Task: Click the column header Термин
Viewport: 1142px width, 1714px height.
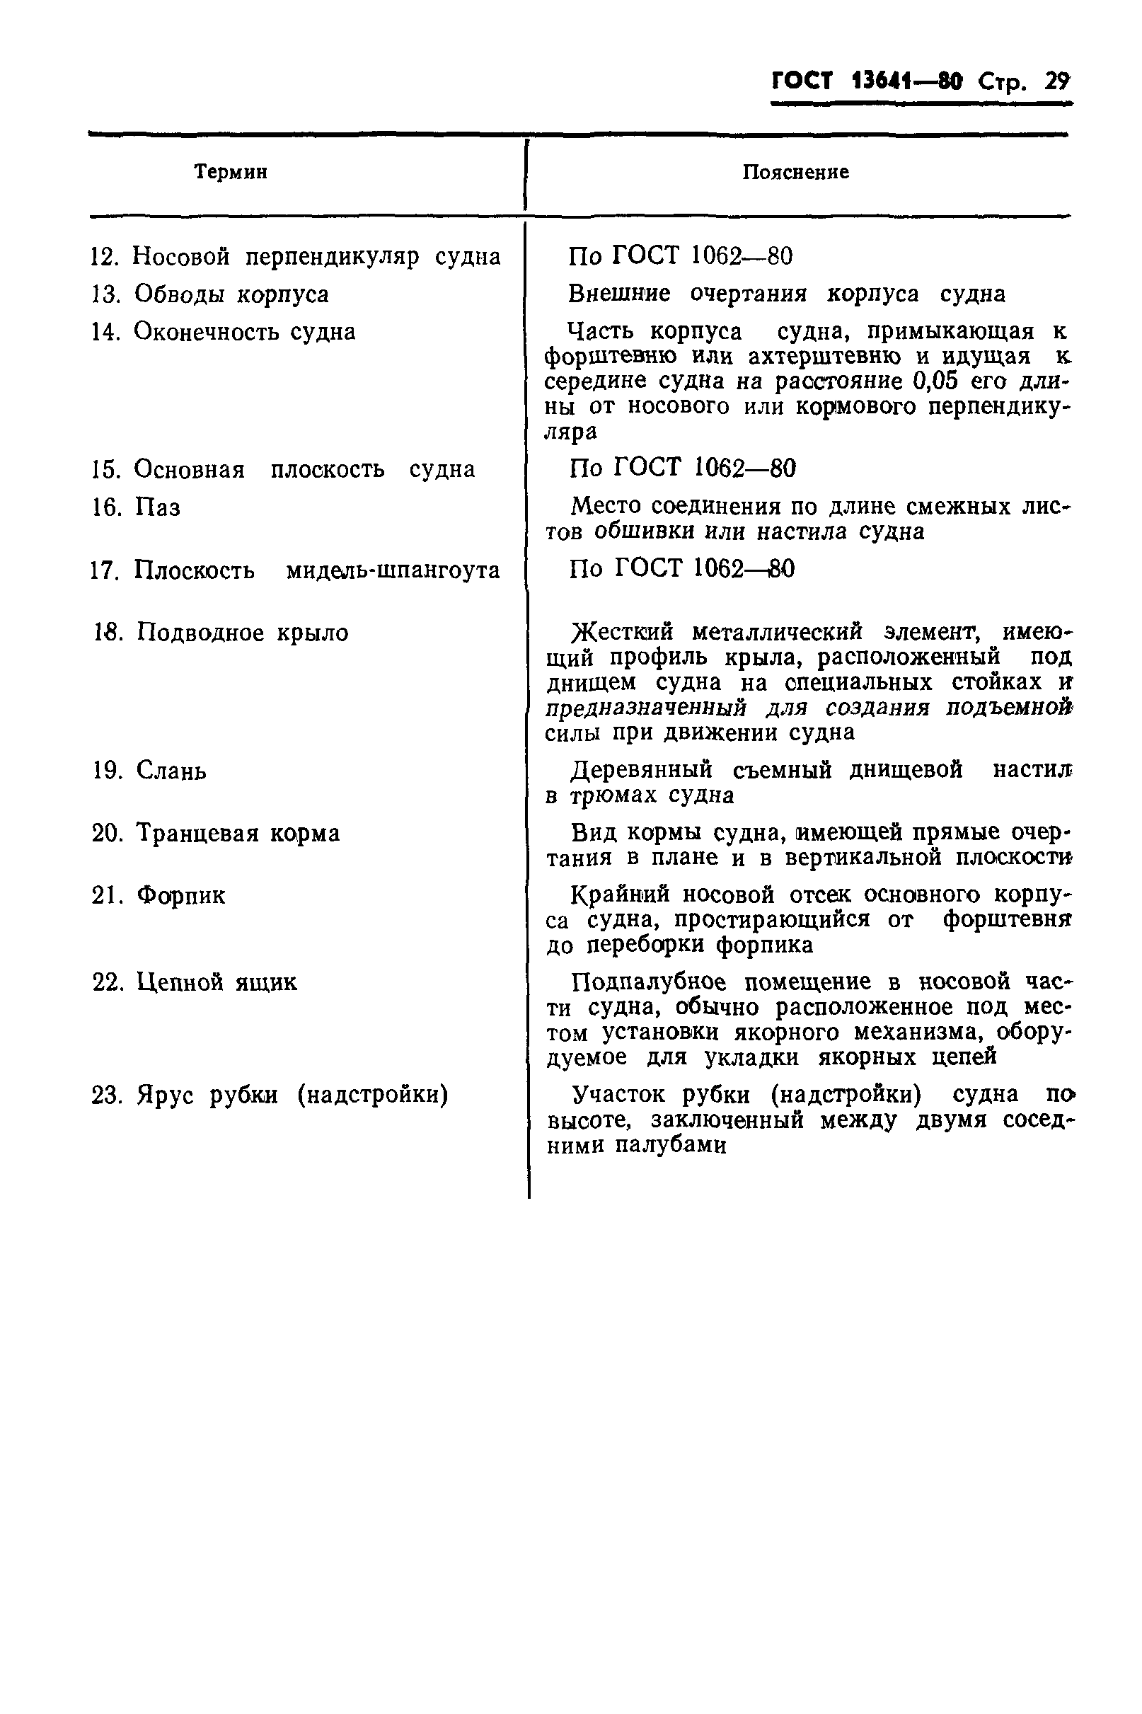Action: point(231,173)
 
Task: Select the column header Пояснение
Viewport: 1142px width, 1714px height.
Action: point(795,173)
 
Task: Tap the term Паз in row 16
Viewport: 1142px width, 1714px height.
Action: point(157,507)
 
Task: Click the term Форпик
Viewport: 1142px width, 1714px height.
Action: point(180,895)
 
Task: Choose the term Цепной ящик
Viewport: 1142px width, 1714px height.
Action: point(217,983)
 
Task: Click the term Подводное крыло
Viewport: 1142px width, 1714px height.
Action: point(243,632)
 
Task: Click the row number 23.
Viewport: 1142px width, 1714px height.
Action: point(106,1095)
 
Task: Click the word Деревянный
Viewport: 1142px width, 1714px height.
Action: point(641,770)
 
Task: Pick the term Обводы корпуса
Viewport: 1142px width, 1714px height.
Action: point(231,294)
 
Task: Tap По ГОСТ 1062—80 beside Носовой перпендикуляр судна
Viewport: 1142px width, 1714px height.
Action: point(680,256)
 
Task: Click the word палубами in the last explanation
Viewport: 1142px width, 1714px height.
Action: point(671,1146)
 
